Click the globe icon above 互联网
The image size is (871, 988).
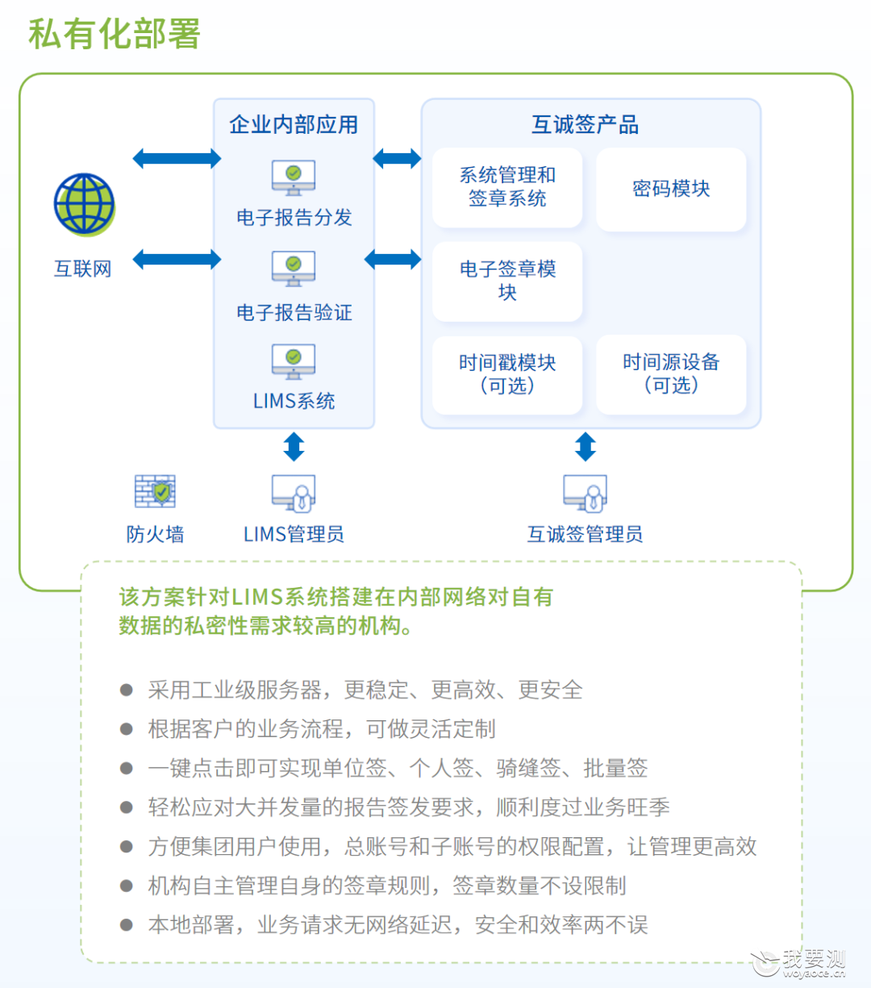pos(85,204)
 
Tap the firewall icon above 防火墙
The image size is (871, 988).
pos(155,490)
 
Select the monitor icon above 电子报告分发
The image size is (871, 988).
pos(294,177)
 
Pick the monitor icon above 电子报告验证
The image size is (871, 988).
pos(294,269)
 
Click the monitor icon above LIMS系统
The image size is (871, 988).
pos(294,361)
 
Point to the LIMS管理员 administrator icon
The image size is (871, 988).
pos(294,493)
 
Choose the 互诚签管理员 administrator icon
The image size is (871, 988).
pos(586,493)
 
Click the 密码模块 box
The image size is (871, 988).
pos(671,190)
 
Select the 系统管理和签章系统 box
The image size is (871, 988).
pos(507,187)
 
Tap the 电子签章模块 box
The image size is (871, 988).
pos(507,281)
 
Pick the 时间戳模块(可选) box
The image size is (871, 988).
pos(507,375)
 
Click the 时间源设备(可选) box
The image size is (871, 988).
pos(671,374)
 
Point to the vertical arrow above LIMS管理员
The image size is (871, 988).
pos(294,446)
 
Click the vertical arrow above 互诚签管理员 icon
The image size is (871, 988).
pos(586,446)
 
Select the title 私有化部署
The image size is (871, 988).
pos(115,34)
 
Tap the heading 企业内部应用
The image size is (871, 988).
pos(294,124)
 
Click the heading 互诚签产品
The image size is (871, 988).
pos(585,124)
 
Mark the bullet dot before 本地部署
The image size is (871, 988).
pos(127,924)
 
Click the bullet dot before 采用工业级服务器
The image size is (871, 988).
pos(127,690)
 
